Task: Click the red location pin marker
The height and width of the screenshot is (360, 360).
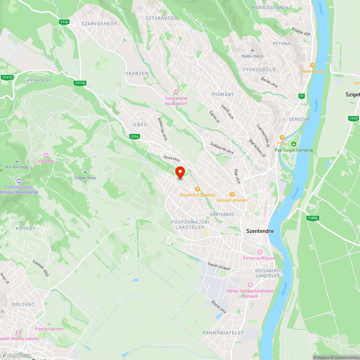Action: pyautogui.click(x=180, y=172)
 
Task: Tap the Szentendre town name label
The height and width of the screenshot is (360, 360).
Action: pyautogui.click(x=260, y=231)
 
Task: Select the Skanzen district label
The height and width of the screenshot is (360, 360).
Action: pyautogui.click(x=137, y=73)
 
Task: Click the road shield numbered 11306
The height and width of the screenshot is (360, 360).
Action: pyautogui.click(x=312, y=218)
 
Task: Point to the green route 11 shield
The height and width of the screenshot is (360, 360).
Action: pyautogui.click(x=301, y=96)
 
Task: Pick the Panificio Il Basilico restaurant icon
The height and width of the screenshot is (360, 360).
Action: pyautogui.click(x=197, y=189)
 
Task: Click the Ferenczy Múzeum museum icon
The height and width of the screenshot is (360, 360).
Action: pyautogui.click(x=260, y=252)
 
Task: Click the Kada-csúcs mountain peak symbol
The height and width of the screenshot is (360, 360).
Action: pyautogui.click(x=252, y=50)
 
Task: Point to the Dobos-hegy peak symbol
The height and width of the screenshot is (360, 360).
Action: pyautogui.click(x=85, y=172)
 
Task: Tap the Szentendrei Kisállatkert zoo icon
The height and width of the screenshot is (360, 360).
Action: pyautogui.click(x=176, y=92)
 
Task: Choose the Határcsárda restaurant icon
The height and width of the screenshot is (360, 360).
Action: pyautogui.click(x=312, y=65)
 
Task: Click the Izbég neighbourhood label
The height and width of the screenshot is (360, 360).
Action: pyautogui.click(x=140, y=125)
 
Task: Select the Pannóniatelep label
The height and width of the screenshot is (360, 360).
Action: pyautogui.click(x=223, y=333)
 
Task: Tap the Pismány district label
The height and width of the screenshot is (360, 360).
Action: pyautogui.click(x=223, y=94)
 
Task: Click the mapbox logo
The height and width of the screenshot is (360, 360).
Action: pyautogui.click(x=16, y=355)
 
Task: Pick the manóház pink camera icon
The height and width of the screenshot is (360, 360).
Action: pyautogui.click(x=46, y=155)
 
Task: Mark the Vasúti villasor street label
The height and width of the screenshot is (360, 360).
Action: pyautogui.click(x=219, y=266)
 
